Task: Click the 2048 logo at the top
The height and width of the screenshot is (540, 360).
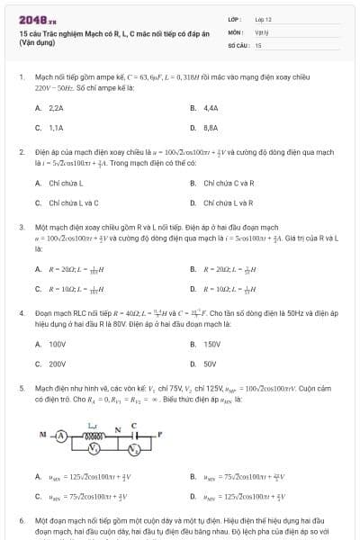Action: pyautogui.click(x=37, y=17)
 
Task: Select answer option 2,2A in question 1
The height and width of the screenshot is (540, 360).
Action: pyautogui.click(x=49, y=108)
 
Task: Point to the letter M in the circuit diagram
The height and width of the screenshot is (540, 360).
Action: pyautogui.click(x=41, y=433)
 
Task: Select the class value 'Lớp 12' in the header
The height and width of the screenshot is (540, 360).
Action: pyautogui.click(x=263, y=18)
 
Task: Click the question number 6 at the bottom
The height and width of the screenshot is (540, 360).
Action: pyautogui.click(x=22, y=521)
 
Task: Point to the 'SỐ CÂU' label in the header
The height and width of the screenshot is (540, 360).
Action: pyautogui.click(x=238, y=44)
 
